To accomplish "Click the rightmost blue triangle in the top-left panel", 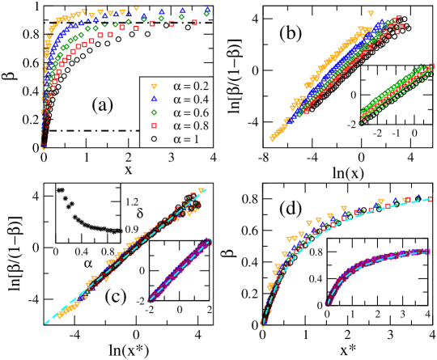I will tap(208, 10).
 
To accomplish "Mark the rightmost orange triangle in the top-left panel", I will tap(122, 13).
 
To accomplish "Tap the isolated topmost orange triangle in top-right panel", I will tap(371, 13).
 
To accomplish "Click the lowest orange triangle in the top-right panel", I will tap(272, 138).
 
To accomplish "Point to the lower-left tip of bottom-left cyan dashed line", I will tap(45, 324).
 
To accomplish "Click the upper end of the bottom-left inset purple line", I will tap(209, 239).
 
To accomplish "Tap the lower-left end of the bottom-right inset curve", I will tap(327, 303).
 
